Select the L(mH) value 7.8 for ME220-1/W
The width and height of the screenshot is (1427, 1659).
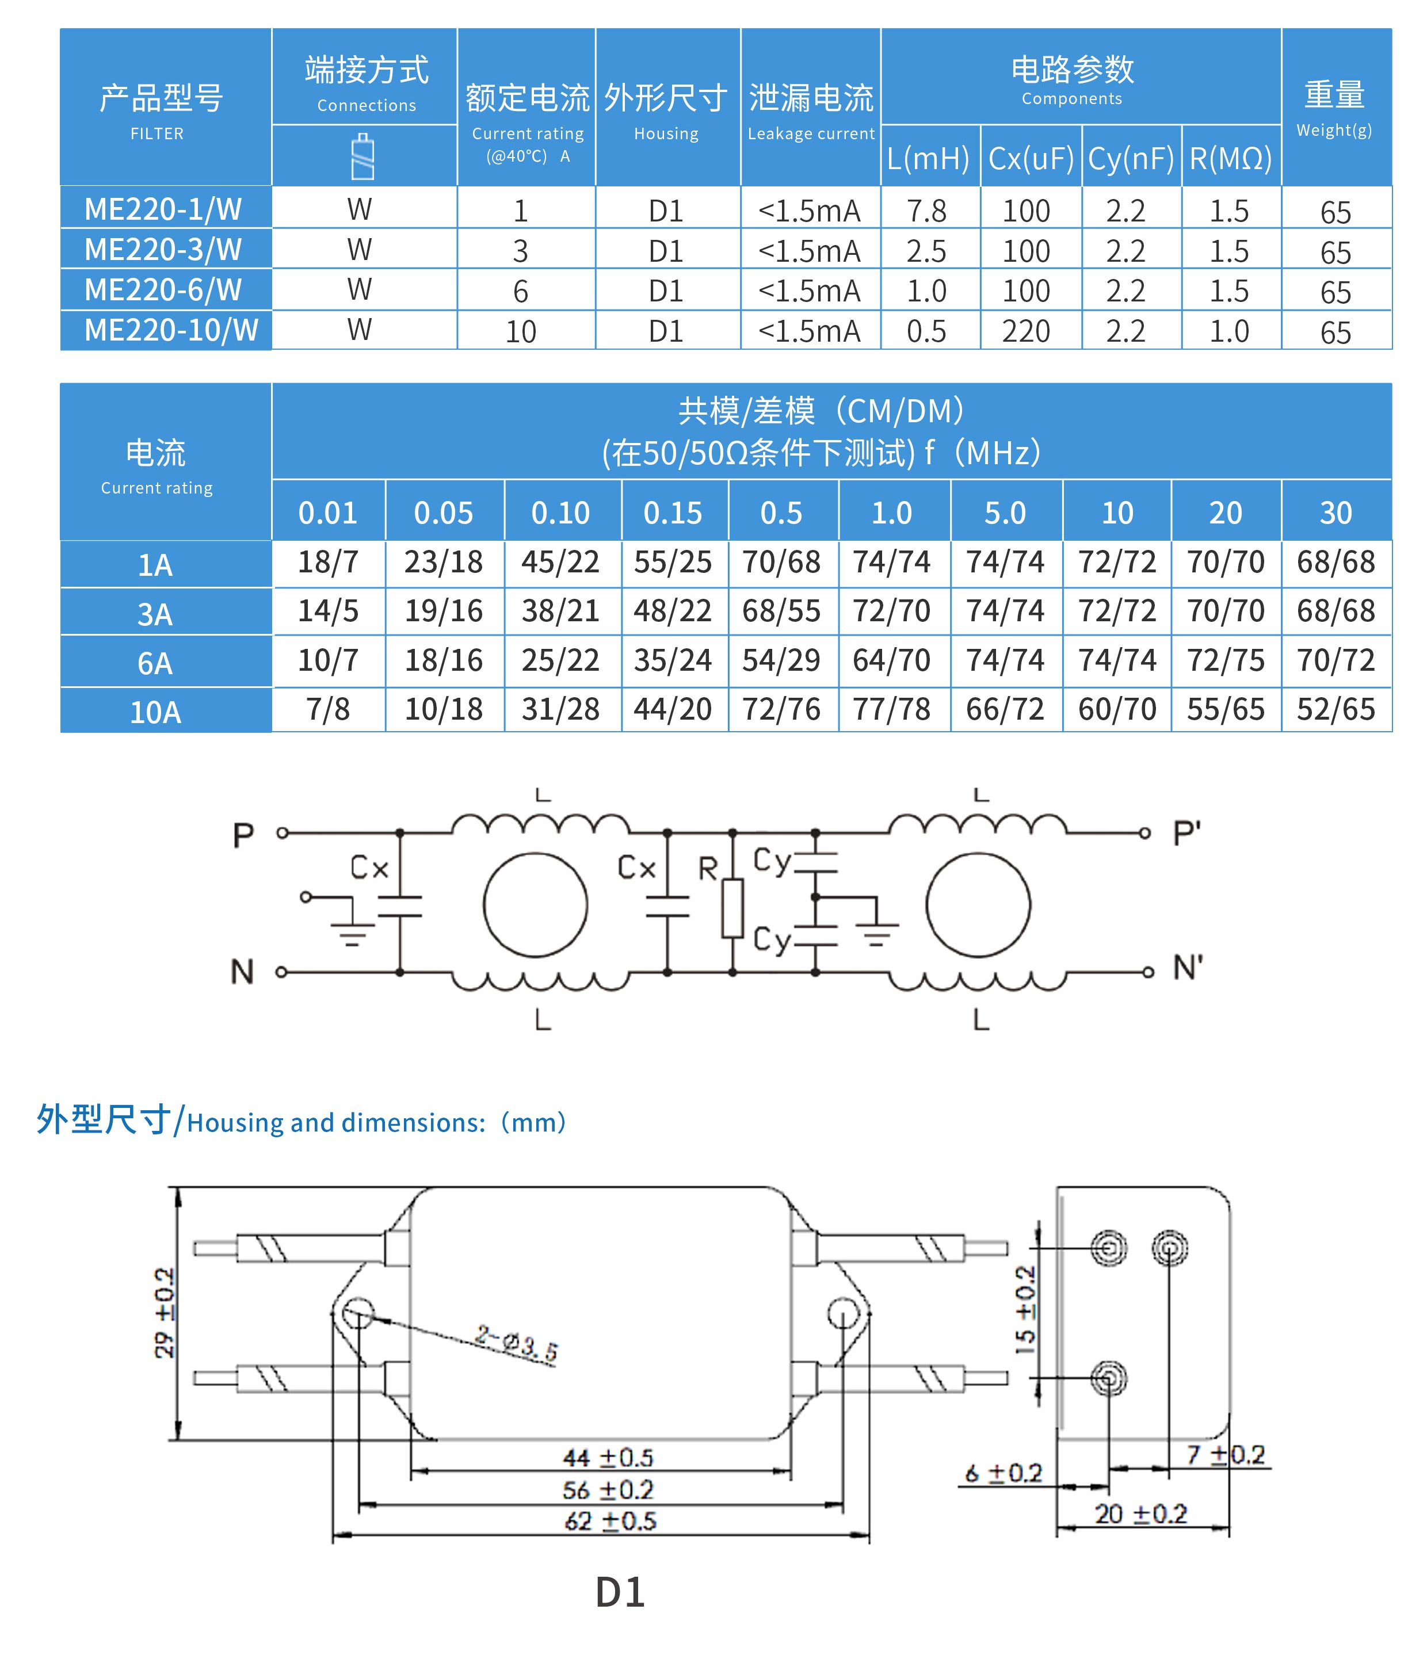tap(926, 211)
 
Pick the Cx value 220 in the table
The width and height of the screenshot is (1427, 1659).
tap(1026, 331)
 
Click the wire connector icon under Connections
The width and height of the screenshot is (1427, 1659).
tap(364, 157)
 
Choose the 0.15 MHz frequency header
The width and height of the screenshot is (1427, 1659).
tap(673, 513)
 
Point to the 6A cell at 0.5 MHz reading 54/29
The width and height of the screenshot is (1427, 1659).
tap(781, 660)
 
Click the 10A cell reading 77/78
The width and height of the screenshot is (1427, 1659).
tap(891, 709)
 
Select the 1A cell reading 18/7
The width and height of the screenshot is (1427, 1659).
tap(327, 562)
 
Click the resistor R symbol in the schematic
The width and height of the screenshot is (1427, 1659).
tap(732, 908)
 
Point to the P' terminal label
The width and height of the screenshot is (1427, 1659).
tap(1186, 834)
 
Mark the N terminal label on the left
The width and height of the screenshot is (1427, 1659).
tap(242, 972)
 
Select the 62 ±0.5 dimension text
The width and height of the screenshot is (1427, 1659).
tap(610, 1520)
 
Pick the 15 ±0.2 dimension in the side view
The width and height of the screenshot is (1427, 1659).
tap(1025, 1310)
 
